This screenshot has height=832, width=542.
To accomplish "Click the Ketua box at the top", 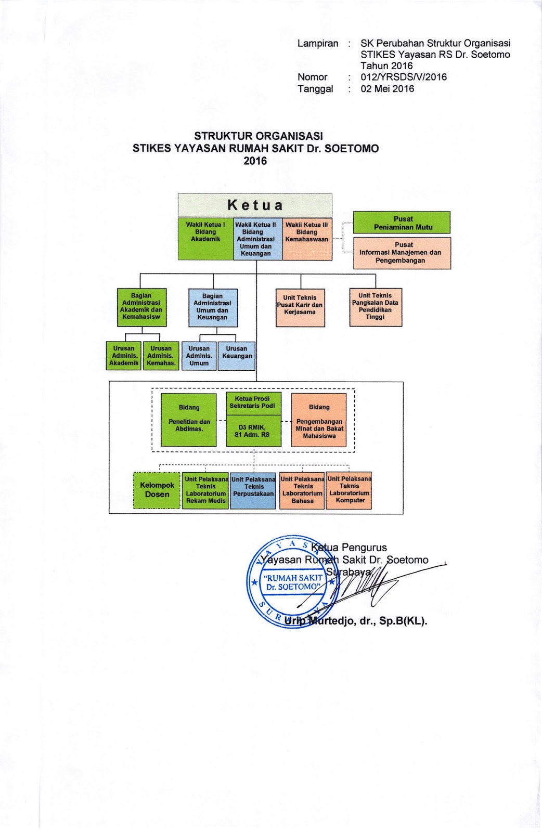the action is coord(255,205).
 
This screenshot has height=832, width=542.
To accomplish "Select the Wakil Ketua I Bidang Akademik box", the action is coord(205,239).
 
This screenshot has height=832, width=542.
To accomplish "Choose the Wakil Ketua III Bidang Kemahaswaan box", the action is coord(307,239).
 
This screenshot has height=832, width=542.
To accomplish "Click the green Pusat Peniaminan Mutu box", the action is coord(402,223).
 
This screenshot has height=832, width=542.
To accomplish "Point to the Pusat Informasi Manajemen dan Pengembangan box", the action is coord(402,253).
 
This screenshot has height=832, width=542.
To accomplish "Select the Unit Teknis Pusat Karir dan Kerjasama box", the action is coord(300,308).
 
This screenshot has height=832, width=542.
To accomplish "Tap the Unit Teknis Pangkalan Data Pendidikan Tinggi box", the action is coord(376,307).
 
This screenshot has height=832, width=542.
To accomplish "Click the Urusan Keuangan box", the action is coord(237,356).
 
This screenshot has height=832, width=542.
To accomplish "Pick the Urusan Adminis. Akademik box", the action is coord(124,356).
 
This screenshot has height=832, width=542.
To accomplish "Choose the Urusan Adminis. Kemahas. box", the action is coord(161,356).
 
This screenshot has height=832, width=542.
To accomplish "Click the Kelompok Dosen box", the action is coord(157,490).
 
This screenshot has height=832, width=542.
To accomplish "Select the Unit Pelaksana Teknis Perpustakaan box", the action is coord(253,490).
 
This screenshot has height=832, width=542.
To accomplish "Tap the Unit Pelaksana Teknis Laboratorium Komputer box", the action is coord(349,490).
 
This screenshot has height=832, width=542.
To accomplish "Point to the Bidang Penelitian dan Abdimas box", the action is coord(189,419).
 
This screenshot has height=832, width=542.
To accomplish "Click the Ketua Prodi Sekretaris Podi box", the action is coord(253,402).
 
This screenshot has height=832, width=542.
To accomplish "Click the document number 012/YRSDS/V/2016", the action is coord(404,77).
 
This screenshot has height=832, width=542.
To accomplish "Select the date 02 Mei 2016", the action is coord(388,88).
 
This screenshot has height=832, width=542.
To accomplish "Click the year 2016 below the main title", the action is coord(255,161).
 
